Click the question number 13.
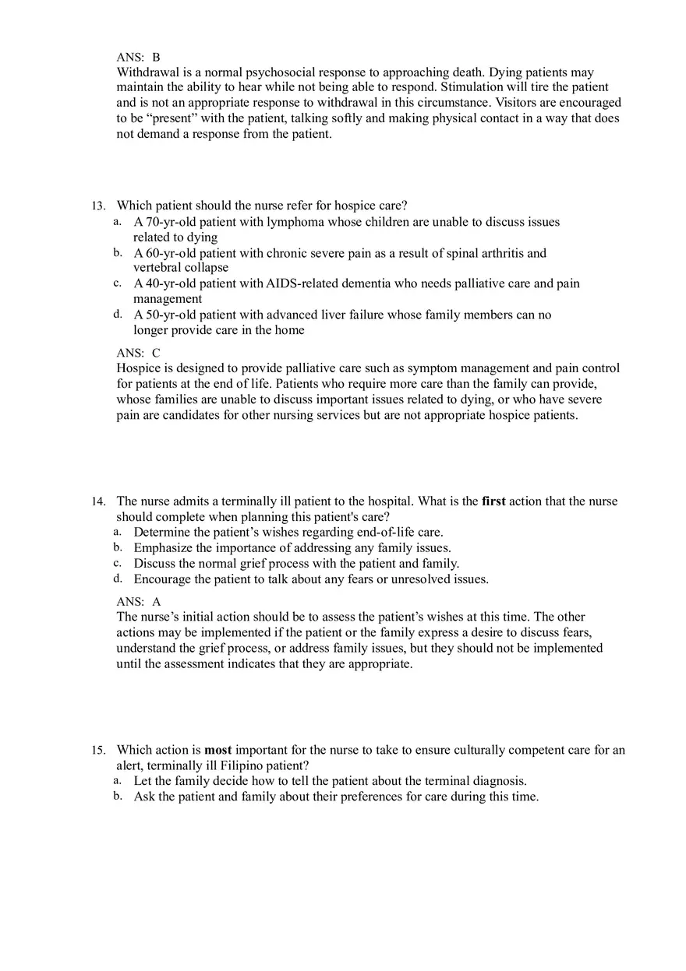(x=97, y=206)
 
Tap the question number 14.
(x=97, y=501)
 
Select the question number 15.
(x=97, y=751)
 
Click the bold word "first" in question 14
(x=493, y=501)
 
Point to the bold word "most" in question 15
(x=218, y=751)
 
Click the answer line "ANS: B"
(x=138, y=57)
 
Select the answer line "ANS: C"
(x=138, y=353)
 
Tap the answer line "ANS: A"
(x=138, y=602)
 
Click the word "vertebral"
(x=158, y=268)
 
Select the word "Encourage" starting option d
(x=162, y=579)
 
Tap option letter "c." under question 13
(x=117, y=283)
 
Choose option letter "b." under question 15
(x=117, y=796)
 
